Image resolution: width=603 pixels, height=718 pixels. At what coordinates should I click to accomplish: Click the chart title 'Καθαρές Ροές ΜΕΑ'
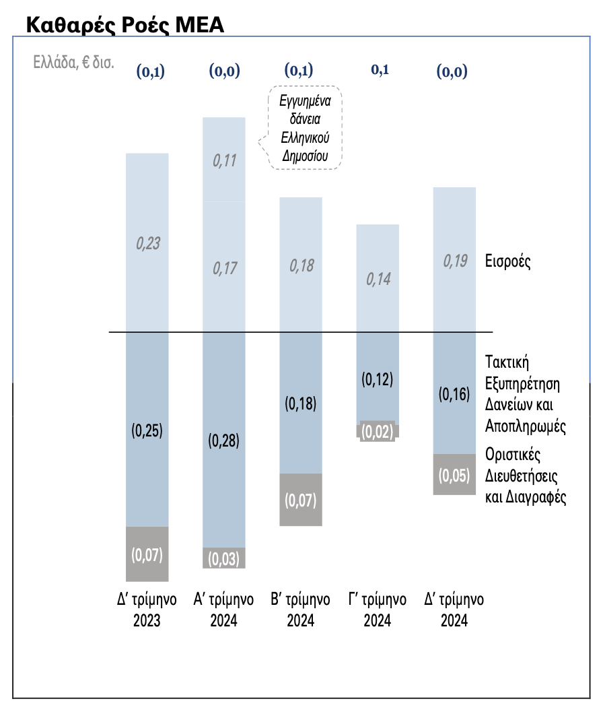pyautogui.click(x=125, y=25)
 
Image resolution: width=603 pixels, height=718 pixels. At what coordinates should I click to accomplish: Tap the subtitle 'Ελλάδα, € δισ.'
pyautogui.click(x=73, y=63)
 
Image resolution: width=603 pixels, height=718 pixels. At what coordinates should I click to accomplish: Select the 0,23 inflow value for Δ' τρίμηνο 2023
pyautogui.click(x=147, y=243)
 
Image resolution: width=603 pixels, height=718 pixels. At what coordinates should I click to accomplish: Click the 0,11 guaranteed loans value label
pyautogui.click(x=224, y=161)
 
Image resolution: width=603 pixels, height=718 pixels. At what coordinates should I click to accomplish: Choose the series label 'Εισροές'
pyautogui.click(x=507, y=262)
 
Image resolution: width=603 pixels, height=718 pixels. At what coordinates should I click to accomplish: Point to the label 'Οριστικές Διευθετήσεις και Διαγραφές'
pyautogui.click(x=525, y=476)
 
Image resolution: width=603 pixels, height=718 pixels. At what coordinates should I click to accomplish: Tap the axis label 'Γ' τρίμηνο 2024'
pyautogui.click(x=377, y=610)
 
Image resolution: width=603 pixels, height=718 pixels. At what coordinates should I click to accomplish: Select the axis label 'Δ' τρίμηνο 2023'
pyautogui.click(x=147, y=610)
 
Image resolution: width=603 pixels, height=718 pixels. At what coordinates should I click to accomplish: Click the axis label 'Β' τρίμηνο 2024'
pyautogui.click(x=300, y=610)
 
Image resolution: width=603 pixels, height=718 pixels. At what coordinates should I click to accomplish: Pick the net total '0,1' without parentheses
pyautogui.click(x=380, y=69)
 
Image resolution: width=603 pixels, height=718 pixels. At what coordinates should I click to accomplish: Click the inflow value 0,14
pyautogui.click(x=378, y=280)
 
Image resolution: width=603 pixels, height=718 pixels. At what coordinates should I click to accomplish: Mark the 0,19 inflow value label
pyautogui.click(x=455, y=261)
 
